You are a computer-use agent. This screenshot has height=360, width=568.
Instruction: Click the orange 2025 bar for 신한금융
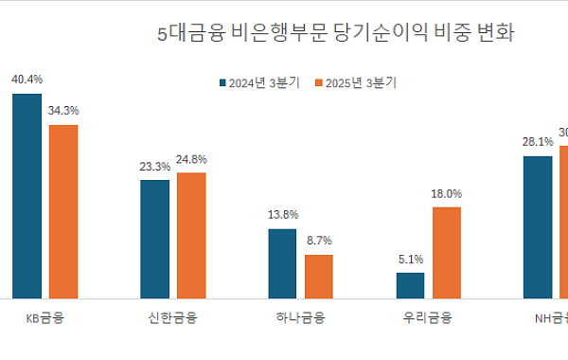(191, 236)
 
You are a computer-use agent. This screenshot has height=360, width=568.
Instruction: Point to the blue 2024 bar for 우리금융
(410, 286)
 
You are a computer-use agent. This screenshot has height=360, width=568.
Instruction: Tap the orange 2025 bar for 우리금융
(446, 253)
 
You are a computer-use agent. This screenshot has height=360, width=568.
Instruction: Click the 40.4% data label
(27, 80)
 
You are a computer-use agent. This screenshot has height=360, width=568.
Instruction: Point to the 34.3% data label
(62, 110)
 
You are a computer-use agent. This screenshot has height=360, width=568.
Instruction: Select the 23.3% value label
(155, 166)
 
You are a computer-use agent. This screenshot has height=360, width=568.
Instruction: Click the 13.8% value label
(282, 214)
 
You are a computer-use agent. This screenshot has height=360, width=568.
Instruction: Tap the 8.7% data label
(318, 241)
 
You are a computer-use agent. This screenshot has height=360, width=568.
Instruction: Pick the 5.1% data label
(410, 259)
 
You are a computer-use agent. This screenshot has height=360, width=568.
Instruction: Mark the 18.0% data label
(446, 193)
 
